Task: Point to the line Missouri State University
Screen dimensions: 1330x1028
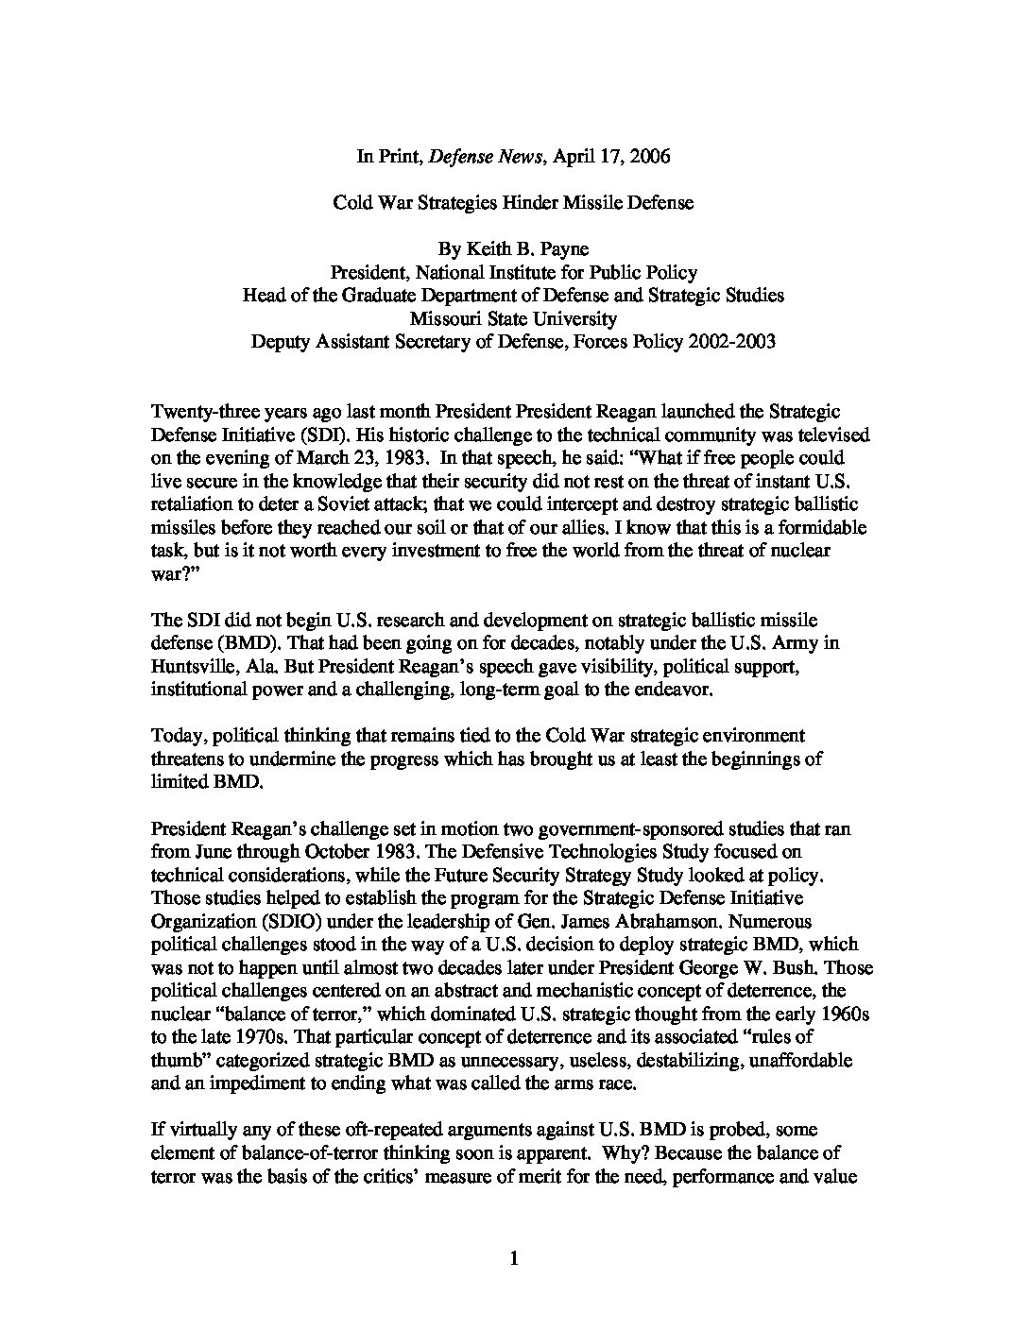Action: point(513,318)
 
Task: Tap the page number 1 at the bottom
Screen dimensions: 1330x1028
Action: point(514,1257)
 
